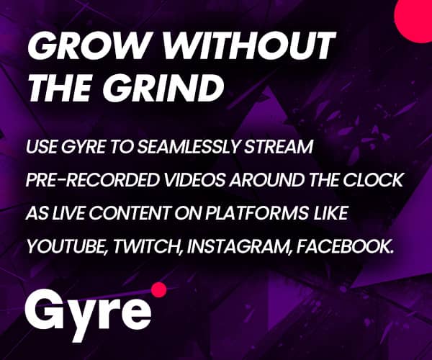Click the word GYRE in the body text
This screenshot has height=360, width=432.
point(83,147)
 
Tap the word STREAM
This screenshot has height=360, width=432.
point(279,147)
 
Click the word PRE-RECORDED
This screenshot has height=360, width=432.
point(93,180)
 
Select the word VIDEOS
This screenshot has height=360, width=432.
point(196,180)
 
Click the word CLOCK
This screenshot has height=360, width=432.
point(373,180)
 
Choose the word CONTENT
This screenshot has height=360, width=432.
point(129,213)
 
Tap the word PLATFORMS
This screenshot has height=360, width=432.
point(258,213)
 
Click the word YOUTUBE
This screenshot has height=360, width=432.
point(67,246)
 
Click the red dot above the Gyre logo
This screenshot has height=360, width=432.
point(159,289)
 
